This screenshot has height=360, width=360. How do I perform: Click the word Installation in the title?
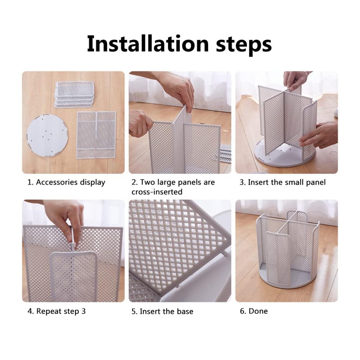(148, 44)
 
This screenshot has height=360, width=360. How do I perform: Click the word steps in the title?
(244, 45)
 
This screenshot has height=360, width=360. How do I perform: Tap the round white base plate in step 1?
(48, 136)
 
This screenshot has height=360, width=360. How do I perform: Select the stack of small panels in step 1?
(74, 94)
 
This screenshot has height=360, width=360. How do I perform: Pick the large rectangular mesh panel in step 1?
(96, 135)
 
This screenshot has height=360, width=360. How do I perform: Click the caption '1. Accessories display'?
(66, 182)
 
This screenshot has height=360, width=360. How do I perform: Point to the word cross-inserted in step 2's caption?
(157, 192)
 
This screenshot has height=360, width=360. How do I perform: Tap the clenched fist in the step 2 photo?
(140, 124)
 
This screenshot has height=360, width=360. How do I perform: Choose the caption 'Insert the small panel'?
(287, 182)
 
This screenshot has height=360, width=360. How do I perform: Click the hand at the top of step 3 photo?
(295, 80)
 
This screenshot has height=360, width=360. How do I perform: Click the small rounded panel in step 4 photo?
(74, 275)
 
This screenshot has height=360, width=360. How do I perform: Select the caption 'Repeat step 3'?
(61, 311)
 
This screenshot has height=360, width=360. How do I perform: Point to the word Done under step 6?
(258, 311)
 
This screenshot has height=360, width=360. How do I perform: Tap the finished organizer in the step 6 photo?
(287, 249)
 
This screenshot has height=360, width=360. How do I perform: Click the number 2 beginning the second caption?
(134, 182)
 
